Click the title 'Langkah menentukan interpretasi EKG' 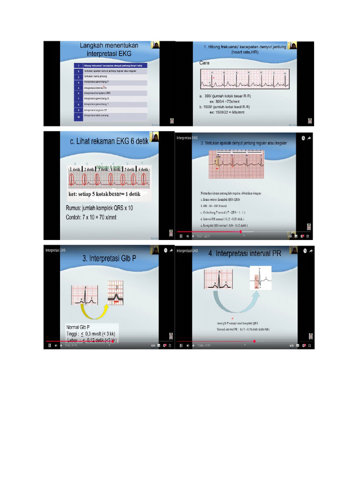(x=109, y=49)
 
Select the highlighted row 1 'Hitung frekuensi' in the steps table (x=113, y=65)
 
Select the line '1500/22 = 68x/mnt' (x=228, y=112)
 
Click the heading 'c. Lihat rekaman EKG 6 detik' (x=109, y=142)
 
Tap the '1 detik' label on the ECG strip (x=76, y=169)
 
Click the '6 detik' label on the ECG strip (x=142, y=169)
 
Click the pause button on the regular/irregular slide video (x=181, y=236)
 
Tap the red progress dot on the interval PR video (x=254, y=342)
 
